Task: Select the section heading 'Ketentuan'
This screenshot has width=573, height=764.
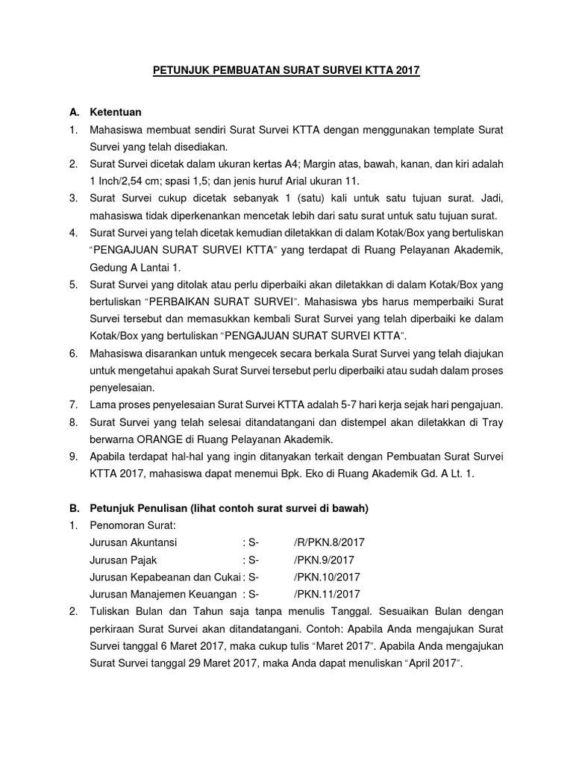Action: pyautogui.click(x=116, y=113)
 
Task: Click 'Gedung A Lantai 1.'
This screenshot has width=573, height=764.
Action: pyautogui.click(x=134, y=268)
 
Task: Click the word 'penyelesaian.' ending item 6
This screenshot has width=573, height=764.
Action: pyautogui.click(x=122, y=387)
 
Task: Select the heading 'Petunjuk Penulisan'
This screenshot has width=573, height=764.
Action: pyautogui.click(x=139, y=508)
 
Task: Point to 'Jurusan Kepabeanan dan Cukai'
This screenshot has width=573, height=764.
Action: pyautogui.click(x=164, y=577)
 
